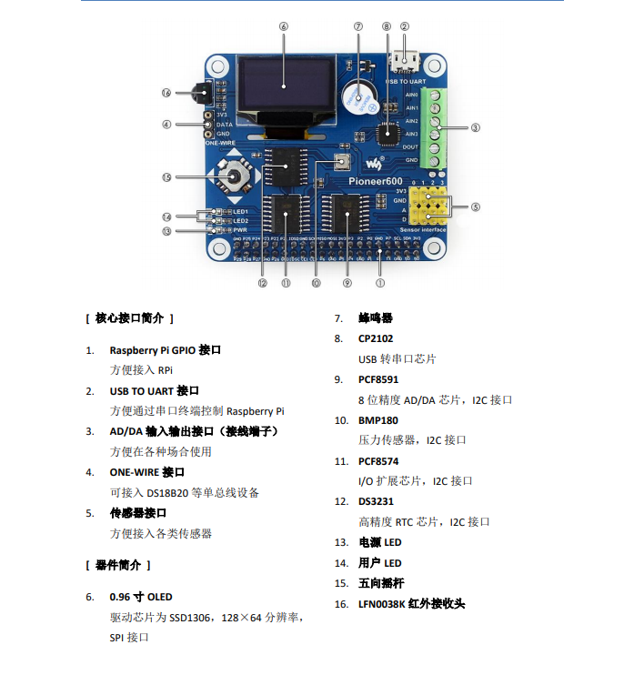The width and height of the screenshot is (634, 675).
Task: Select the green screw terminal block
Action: [x=438, y=126]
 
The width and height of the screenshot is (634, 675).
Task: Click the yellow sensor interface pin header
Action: [x=428, y=207]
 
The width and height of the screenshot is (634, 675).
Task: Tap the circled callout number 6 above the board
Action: [x=284, y=26]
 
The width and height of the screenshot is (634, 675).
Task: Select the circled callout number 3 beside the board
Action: [x=476, y=127]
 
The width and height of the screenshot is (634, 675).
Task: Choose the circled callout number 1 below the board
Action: [x=380, y=283]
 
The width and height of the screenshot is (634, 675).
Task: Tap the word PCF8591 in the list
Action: [x=378, y=379]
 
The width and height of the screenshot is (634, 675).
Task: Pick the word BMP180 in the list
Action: [x=378, y=420]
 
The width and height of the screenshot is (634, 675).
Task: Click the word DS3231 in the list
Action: [x=377, y=501]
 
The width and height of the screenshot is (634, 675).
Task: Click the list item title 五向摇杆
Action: [x=381, y=583]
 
